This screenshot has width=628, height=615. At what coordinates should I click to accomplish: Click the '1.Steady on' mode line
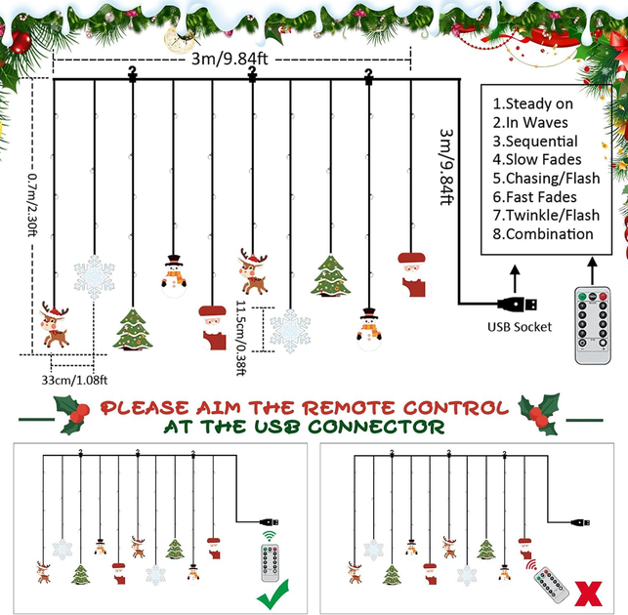(532, 103)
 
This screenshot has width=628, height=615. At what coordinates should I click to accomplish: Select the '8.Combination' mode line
(543, 234)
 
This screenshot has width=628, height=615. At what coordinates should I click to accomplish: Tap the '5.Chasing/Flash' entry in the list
(546, 179)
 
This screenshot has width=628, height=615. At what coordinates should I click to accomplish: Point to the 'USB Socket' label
(520, 327)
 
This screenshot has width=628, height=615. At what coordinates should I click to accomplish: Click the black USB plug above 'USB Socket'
(517, 305)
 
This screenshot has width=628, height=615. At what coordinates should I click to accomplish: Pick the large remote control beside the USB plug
(593, 325)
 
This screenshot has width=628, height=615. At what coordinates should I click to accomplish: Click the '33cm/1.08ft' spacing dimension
(74, 380)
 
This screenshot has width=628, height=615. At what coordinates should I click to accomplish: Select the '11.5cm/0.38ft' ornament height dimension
(240, 338)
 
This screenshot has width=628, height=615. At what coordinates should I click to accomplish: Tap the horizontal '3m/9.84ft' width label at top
(230, 59)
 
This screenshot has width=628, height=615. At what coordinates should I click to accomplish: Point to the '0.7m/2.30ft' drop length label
(33, 205)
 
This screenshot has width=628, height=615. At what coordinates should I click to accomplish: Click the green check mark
(272, 594)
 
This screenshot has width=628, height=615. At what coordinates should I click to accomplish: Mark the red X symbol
(588, 594)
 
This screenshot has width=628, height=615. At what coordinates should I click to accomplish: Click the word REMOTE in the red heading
(348, 408)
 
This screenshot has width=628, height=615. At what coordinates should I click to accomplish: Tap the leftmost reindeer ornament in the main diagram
(54, 324)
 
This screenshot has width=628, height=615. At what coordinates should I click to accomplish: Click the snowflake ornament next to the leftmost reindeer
(94, 277)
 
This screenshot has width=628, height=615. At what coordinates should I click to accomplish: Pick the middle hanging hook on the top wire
(252, 74)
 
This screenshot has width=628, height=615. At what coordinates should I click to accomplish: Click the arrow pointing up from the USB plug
(515, 278)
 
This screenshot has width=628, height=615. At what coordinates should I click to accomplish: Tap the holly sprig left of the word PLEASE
(72, 415)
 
